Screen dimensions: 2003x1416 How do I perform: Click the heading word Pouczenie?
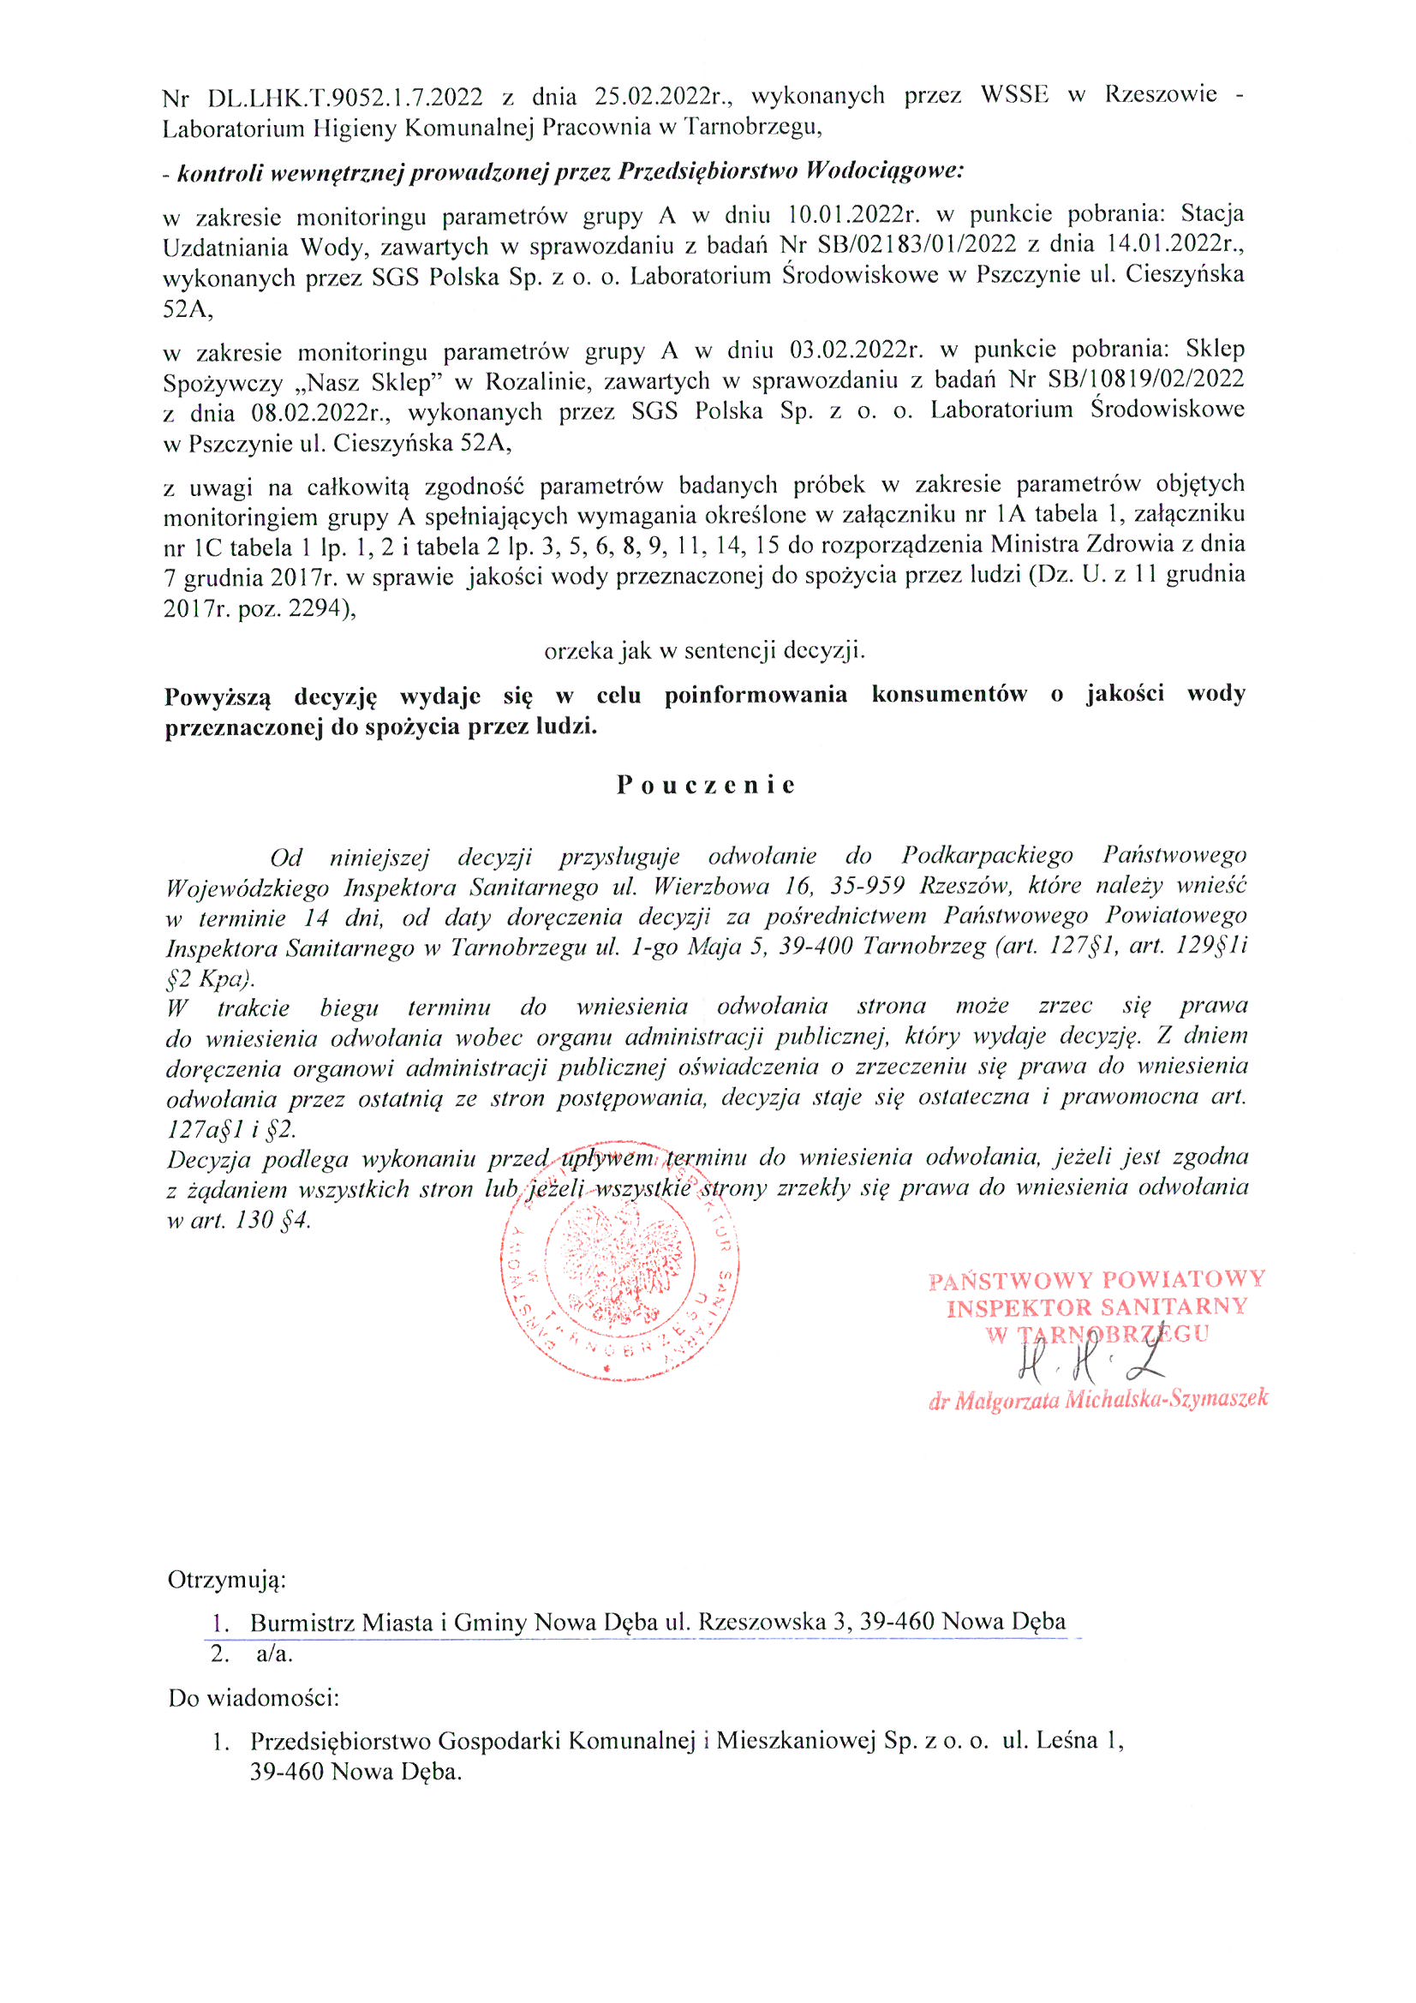coord(706,785)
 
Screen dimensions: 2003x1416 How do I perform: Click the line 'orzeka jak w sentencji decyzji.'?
coord(704,651)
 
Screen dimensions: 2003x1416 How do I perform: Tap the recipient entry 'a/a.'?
coord(275,1653)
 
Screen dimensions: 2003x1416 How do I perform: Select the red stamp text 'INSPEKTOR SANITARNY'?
coord(1097,1306)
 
